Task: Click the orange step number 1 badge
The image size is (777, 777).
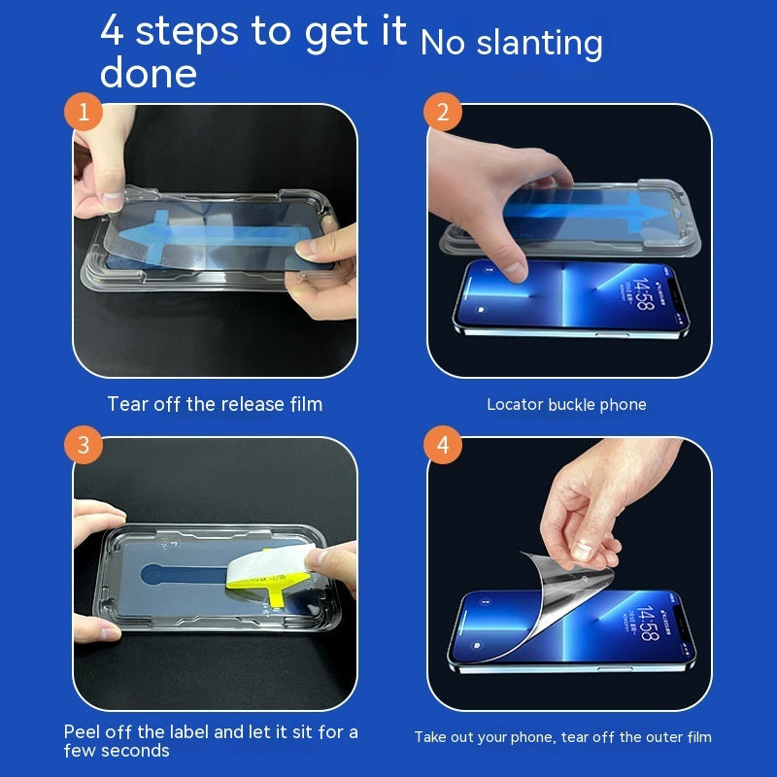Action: [84, 113]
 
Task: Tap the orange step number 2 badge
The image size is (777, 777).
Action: [443, 113]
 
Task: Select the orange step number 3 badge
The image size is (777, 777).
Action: [84, 446]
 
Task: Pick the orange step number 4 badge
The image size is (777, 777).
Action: [443, 446]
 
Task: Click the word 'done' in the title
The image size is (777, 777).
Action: [148, 74]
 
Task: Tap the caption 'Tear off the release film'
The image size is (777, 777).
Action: [215, 404]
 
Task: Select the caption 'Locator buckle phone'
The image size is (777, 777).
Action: [566, 404]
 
